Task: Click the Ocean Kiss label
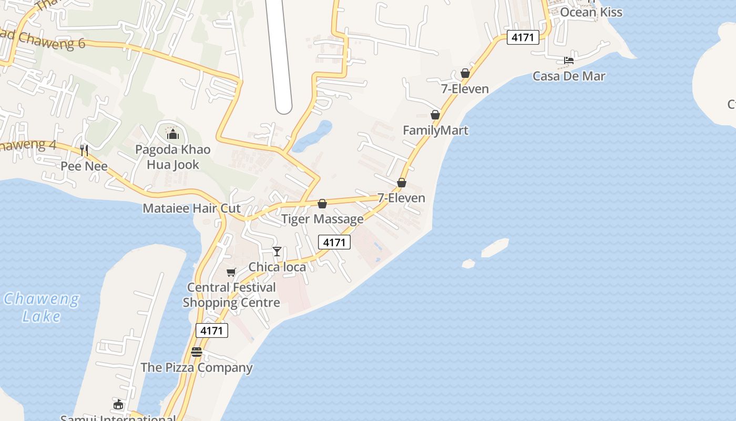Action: pos(591,12)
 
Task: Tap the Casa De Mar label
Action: pos(569,76)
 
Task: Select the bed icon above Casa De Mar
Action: pos(569,61)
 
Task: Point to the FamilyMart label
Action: pos(435,130)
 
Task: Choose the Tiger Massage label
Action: pos(322,219)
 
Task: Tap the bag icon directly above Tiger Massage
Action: pos(322,204)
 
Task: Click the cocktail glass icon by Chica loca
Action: pos(277,252)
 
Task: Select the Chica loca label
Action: pos(277,267)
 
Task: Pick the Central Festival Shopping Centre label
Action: pos(231,295)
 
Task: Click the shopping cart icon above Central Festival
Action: pos(231,272)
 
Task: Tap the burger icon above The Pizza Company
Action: pos(197,352)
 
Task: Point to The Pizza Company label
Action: pos(197,367)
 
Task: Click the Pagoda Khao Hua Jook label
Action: pos(173,157)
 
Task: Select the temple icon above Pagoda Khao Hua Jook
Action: pos(173,134)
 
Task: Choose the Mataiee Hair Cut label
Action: pos(191,208)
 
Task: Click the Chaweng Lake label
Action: pos(42,308)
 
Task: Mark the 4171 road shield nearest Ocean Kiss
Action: pos(523,37)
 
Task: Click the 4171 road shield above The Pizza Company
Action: pos(212,330)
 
